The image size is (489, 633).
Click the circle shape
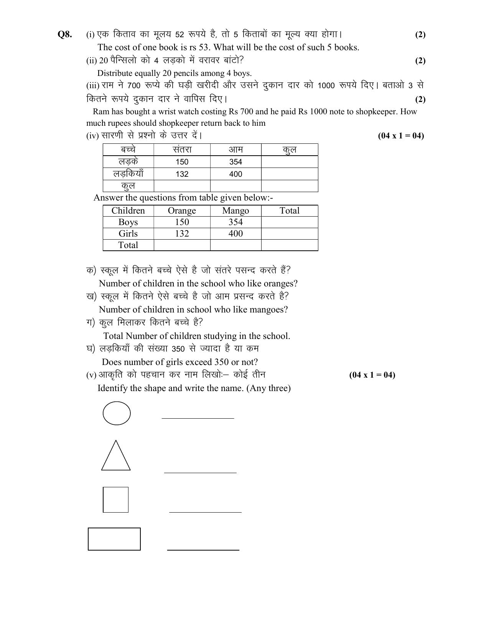[117, 413]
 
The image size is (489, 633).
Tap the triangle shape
[116, 457]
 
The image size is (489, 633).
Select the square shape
[115, 500]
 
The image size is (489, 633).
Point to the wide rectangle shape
[114, 539]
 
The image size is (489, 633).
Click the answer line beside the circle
[198, 418]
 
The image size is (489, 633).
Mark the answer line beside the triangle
[200, 473]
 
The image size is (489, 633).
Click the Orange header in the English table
[182, 210]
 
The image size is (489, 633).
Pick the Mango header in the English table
[235, 210]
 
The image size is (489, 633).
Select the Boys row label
[128, 222]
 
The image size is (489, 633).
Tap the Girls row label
[128, 233]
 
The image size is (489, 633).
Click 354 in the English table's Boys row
[235, 222]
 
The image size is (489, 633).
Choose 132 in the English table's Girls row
[182, 233]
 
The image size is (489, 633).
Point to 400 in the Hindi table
[235, 174]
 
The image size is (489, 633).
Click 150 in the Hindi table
[182, 162]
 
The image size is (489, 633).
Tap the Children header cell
[128, 210]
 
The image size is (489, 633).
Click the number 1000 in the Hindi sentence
[326, 86]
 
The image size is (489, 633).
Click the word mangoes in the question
[268, 309]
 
